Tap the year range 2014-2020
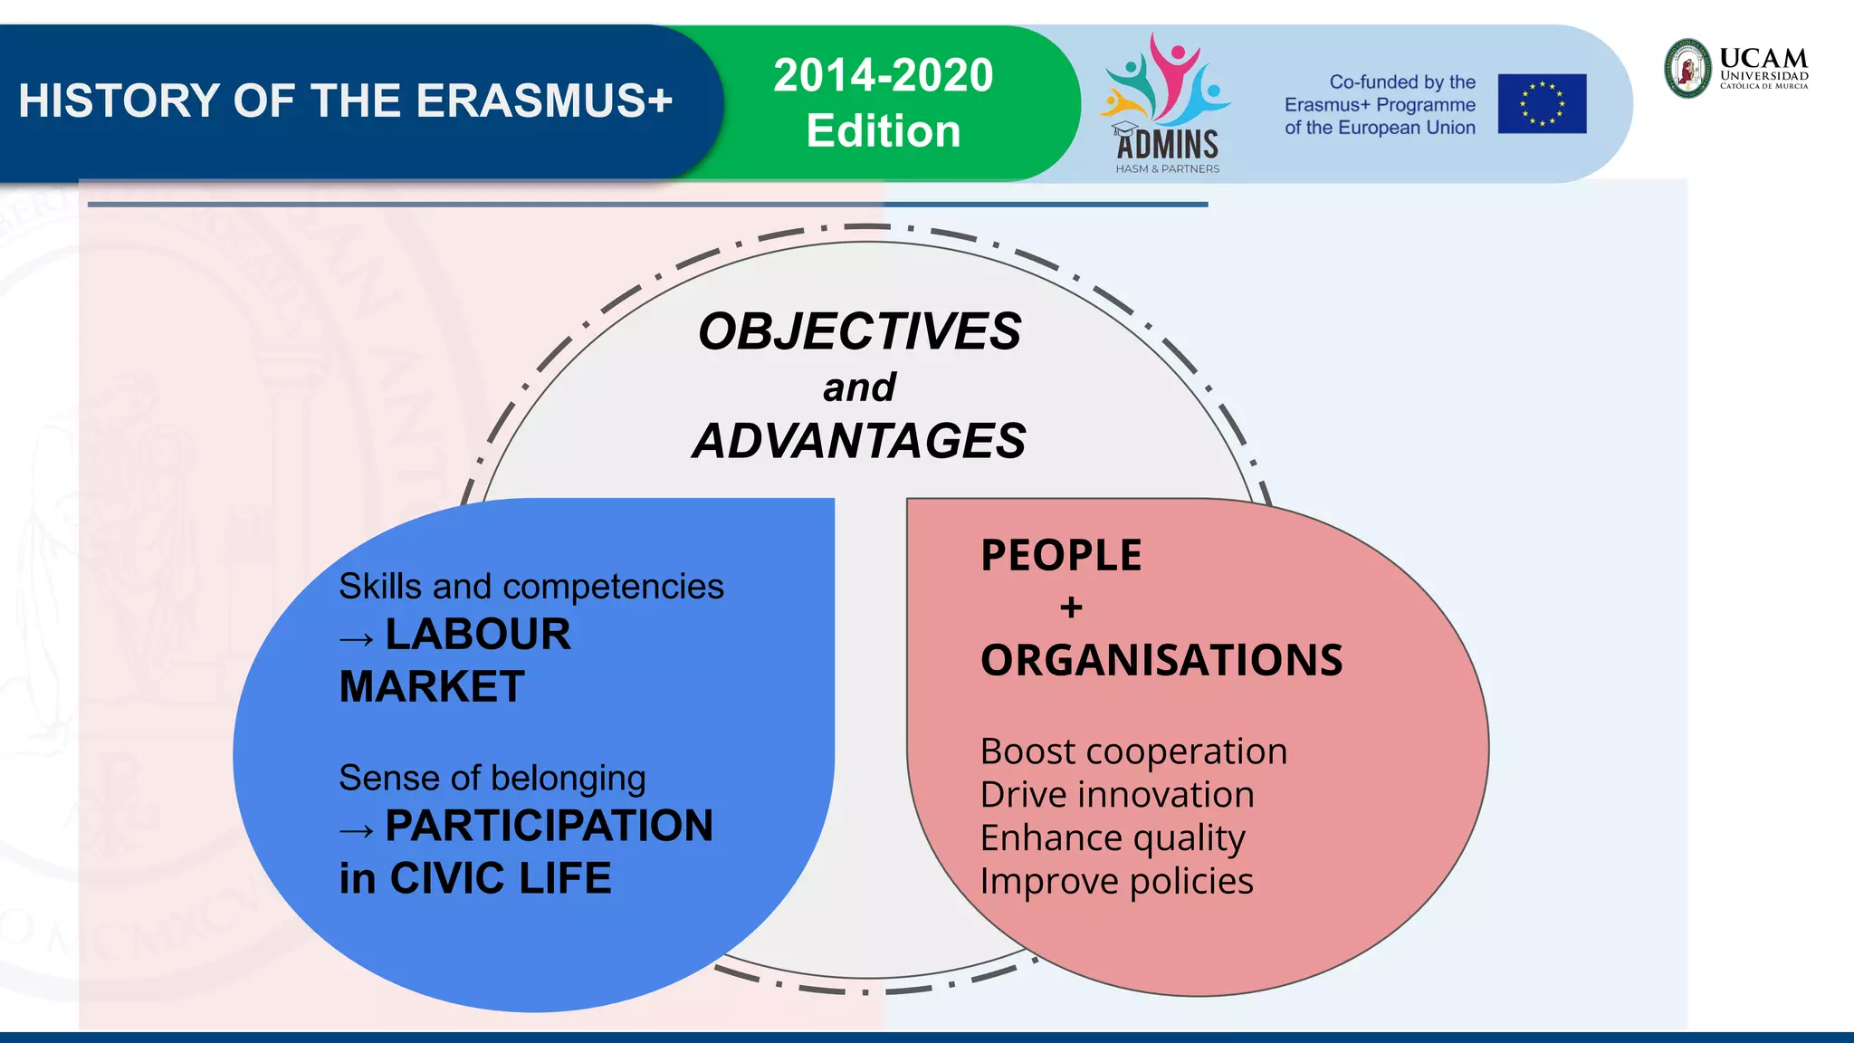click(883, 75)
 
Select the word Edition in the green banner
click(883, 131)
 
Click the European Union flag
click(1542, 104)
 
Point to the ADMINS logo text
click(1167, 145)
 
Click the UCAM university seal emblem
click(1688, 69)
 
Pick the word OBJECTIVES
click(859, 331)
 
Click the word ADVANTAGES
click(859, 442)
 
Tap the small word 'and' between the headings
click(859, 388)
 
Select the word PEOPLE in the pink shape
click(1061, 555)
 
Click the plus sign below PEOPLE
click(1071, 608)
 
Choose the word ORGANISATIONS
click(1161, 660)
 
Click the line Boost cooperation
click(1133, 751)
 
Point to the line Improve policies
click(1116, 881)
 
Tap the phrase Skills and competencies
click(531, 587)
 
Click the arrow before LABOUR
click(357, 639)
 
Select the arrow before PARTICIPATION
click(357, 830)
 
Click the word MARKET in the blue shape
click(432, 686)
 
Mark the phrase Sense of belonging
click(492, 778)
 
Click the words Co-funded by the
click(1401, 82)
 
